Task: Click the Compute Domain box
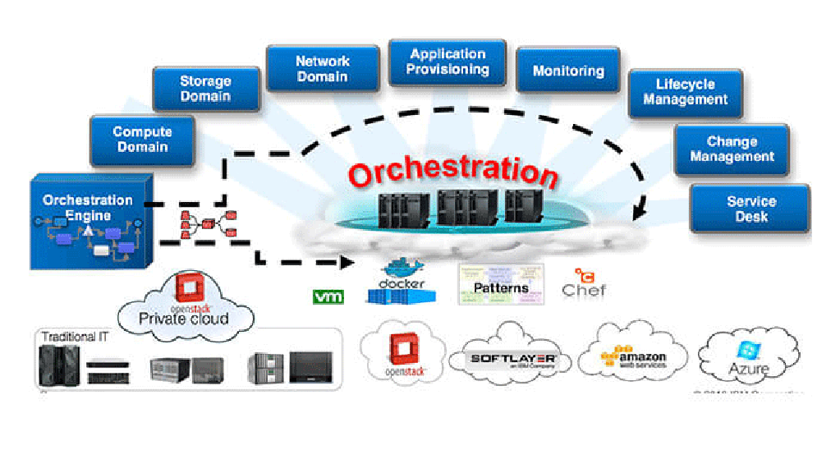tap(142, 140)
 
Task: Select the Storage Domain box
tap(205, 89)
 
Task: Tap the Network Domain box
tap(322, 69)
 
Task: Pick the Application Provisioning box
tap(448, 62)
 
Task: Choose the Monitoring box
tap(568, 71)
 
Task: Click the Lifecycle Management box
tap(685, 92)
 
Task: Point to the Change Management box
tap(731, 149)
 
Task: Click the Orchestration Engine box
tap(88, 218)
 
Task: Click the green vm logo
tap(328, 296)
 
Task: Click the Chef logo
tap(584, 284)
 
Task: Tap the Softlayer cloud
tap(513, 359)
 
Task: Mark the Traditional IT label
tap(74, 337)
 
